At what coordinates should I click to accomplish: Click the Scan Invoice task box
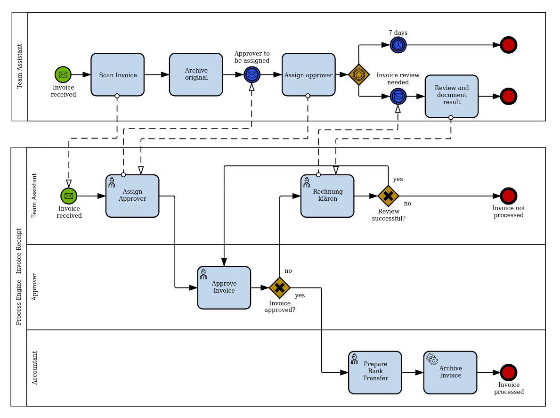(117, 74)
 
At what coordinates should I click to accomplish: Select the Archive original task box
(196, 74)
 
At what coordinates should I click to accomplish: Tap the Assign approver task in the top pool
(308, 74)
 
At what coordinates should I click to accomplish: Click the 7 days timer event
(398, 45)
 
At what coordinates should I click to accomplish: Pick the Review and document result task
(451, 96)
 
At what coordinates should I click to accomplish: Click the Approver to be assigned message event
(252, 74)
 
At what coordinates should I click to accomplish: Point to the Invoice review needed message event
(398, 96)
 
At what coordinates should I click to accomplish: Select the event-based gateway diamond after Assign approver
(359, 74)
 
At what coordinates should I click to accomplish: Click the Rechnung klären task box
(327, 196)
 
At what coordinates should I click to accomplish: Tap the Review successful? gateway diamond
(388, 196)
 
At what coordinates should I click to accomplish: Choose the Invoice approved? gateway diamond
(280, 287)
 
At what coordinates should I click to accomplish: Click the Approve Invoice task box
(224, 287)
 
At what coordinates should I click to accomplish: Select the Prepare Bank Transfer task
(375, 372)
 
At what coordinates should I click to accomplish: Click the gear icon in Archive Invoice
(432, 359)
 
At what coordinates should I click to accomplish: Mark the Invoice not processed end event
(509, 196)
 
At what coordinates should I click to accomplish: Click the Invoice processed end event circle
(509, 372)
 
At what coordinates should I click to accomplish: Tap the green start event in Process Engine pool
(69, 196)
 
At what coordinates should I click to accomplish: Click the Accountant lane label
(35, 368)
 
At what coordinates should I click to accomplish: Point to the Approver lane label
(34, 287)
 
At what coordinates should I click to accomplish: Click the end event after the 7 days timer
(509, 45)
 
